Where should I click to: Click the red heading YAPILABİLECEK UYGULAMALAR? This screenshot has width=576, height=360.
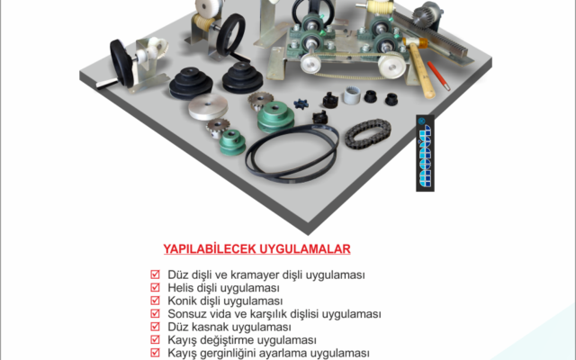256,248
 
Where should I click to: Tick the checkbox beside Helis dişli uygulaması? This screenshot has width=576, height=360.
155,287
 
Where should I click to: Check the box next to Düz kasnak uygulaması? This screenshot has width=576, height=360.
155,327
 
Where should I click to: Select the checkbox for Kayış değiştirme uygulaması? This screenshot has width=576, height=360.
155,340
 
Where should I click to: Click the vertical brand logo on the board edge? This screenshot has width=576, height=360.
425,153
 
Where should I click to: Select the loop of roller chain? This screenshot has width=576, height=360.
368,134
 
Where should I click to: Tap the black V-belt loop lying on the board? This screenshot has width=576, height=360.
292,153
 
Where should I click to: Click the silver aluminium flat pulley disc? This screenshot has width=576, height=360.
208,106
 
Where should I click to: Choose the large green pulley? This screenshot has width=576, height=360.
275,116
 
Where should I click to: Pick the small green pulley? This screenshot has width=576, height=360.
232,142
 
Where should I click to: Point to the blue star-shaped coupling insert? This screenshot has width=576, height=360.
301,103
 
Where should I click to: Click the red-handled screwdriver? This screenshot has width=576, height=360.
438,76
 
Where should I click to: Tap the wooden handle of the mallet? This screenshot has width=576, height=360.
422,71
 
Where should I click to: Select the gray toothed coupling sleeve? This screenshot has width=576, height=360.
351,94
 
